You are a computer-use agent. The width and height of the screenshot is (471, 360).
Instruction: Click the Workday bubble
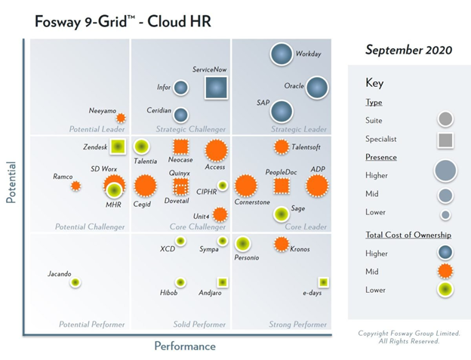(282, 54)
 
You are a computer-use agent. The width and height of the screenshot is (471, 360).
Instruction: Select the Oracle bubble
(316, 88)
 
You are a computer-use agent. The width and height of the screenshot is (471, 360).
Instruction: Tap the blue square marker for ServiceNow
(217, 88)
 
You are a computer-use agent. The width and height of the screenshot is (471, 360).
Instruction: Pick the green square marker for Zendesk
(115, 147)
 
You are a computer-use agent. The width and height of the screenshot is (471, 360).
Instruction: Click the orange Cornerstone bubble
(245, 185)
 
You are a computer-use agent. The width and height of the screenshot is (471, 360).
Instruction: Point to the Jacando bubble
(75, 282)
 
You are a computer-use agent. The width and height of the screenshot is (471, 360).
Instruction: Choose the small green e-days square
(323, 282)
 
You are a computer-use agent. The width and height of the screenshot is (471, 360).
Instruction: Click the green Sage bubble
(281, 214)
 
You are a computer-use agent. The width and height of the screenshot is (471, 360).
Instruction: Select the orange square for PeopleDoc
(281, 186)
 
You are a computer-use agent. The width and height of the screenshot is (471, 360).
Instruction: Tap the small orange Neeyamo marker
(118, 118)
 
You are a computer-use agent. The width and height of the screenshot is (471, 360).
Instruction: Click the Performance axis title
(185, 346)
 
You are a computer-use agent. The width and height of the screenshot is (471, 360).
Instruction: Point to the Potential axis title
(11, 181)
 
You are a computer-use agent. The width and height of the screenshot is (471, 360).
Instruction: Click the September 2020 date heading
(408, 50)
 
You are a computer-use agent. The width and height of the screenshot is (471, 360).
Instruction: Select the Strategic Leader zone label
(298, 129)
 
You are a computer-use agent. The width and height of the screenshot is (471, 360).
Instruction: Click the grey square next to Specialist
(445, 139)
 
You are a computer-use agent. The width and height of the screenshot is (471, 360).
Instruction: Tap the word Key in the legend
(374, 83)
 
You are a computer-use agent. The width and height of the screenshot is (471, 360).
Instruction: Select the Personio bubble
(242, 244)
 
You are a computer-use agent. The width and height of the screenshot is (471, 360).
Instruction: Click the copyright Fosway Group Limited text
(408, 334)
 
